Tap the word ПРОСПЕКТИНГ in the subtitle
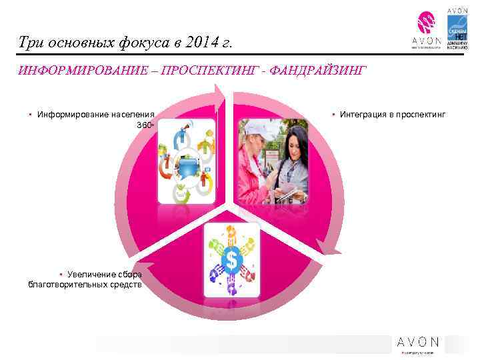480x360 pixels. tap(205, 71)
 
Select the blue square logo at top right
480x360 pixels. tap(457, 30)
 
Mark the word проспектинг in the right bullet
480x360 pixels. tap(419, 115)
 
